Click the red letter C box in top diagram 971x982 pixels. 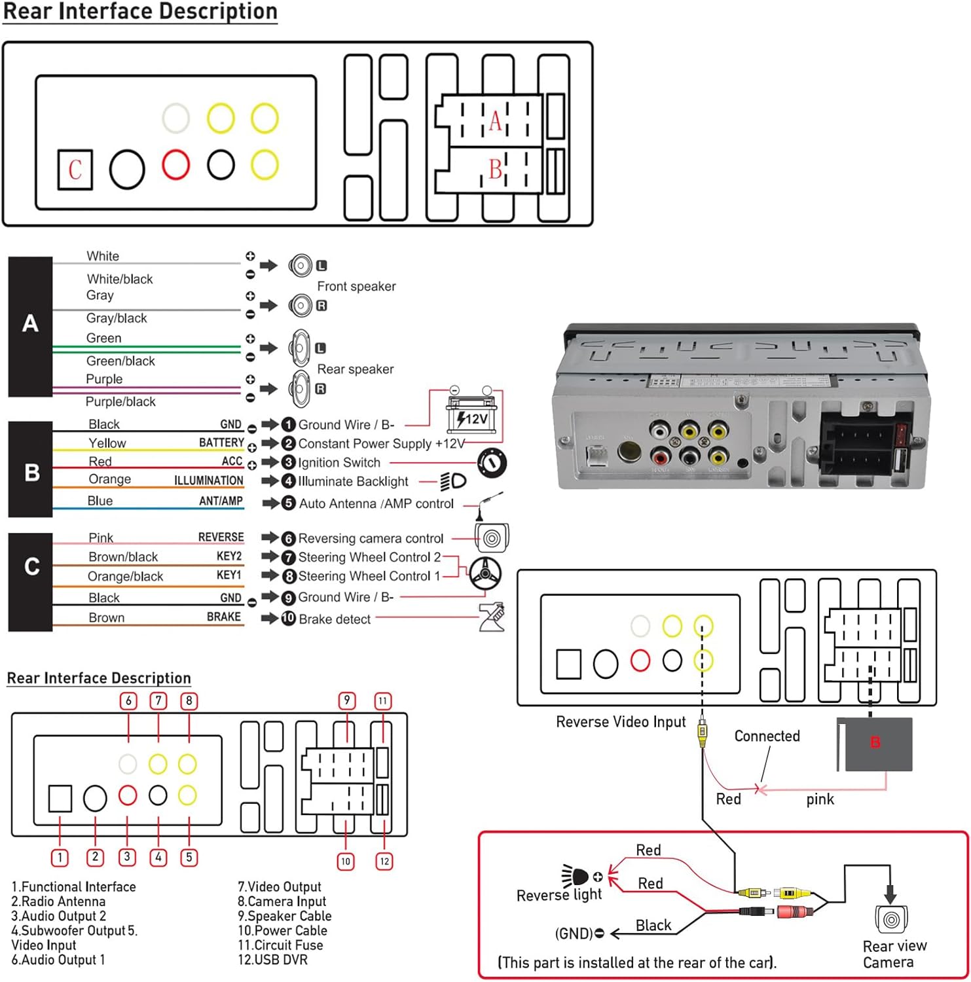[75, 170]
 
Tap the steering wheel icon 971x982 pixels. [485, 573]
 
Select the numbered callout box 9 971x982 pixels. [347, 700]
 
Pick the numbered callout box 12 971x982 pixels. [384, 861]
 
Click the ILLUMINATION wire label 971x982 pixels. [208, 481]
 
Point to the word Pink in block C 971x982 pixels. [101, 537]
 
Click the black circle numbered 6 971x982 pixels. [288, 538]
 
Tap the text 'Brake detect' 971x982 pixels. [335, 619]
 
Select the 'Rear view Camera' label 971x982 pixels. [894, 954]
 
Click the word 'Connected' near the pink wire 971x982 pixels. [767, 736]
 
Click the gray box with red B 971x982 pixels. [875, 744]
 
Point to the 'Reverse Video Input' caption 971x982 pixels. [620, 721]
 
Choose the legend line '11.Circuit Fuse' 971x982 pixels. [280, 945]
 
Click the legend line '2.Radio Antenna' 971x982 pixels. [58, 901]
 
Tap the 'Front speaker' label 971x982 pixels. [356, 286]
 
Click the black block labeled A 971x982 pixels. [30, 325]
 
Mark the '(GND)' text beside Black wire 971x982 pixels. [574, 934]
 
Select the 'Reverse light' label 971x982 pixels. [559, 895]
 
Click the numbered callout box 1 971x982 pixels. [60, 857]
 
